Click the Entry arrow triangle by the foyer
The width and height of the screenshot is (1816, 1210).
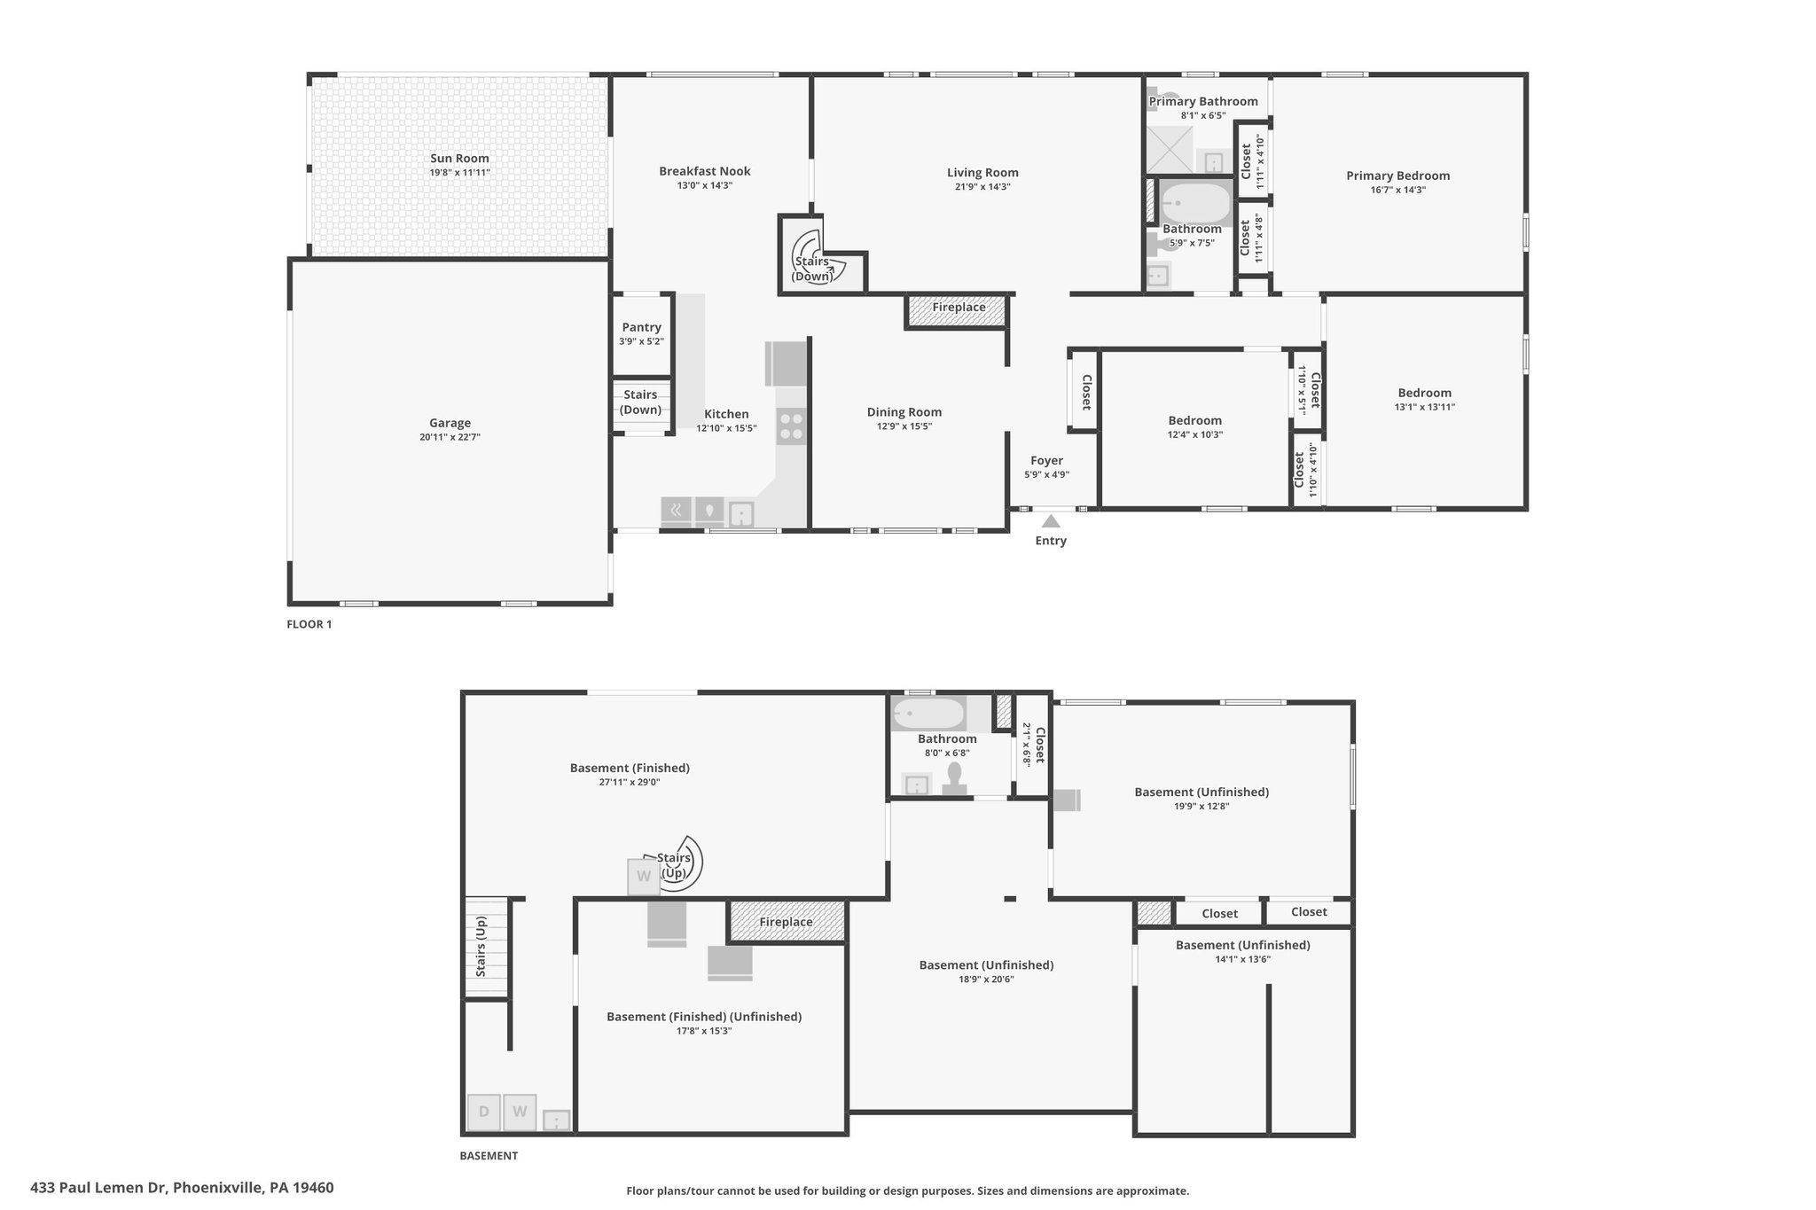point(1051,521)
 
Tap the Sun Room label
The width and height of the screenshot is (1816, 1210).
point(459,158)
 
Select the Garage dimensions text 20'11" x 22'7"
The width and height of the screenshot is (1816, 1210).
point(450,437)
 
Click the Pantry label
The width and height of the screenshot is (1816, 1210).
point(641,327)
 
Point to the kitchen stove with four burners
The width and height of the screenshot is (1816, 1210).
point(791,426)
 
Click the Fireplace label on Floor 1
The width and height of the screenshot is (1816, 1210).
point(959,308)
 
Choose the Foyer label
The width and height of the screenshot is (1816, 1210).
point(1046,460)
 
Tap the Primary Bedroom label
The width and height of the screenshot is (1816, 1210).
point(1397,176)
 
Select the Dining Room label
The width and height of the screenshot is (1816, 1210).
point(904,411)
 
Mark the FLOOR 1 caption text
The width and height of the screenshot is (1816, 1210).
point(309,624)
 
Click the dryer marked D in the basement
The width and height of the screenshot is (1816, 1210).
point(484,1112)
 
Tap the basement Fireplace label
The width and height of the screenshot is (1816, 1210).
point(786,922)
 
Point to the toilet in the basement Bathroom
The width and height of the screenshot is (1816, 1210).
point(955,777)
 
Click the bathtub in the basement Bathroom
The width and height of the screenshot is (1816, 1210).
point(928,714)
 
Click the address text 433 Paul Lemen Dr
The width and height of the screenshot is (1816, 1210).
point(98,1188)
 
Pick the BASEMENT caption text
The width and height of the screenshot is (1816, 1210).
point(489,1155)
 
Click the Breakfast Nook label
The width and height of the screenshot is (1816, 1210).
point(705,171)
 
